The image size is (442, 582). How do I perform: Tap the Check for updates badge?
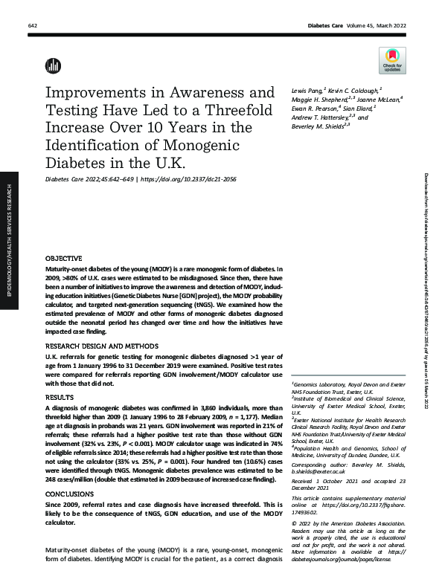pos(392,59)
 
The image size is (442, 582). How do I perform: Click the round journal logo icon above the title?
pos(53,65)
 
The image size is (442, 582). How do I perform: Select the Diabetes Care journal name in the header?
pos(327,26)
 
